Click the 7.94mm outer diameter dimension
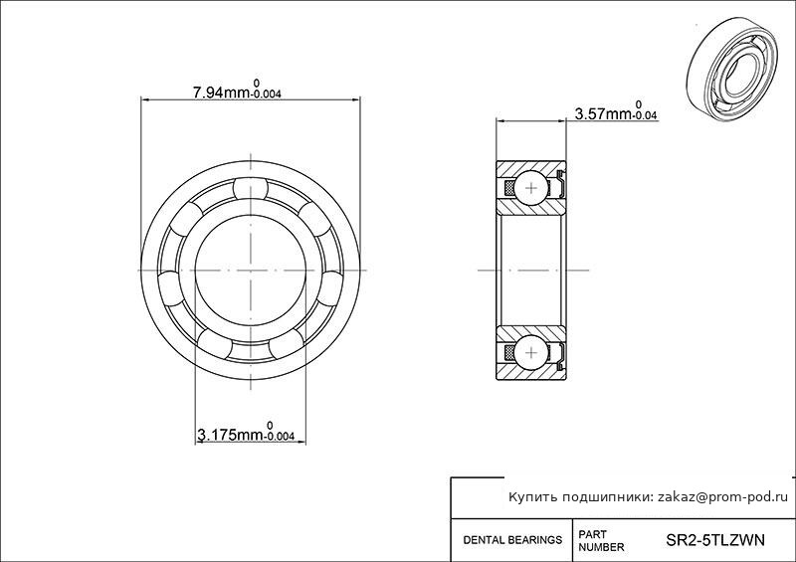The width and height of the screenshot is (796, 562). click(236, 90)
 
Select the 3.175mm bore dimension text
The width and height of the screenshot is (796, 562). click(245, 432)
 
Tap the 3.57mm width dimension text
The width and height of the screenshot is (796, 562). click(615, 111)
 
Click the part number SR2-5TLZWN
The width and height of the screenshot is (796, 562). click(714, 540)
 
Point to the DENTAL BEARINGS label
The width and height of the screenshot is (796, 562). click(512, 540)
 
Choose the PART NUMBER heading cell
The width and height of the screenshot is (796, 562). click(601, 541)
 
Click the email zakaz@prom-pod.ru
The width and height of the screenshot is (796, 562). click(723, 497)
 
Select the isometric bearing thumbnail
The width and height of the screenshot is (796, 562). click(734, 69)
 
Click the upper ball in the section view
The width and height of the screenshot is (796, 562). click(531, 188)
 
